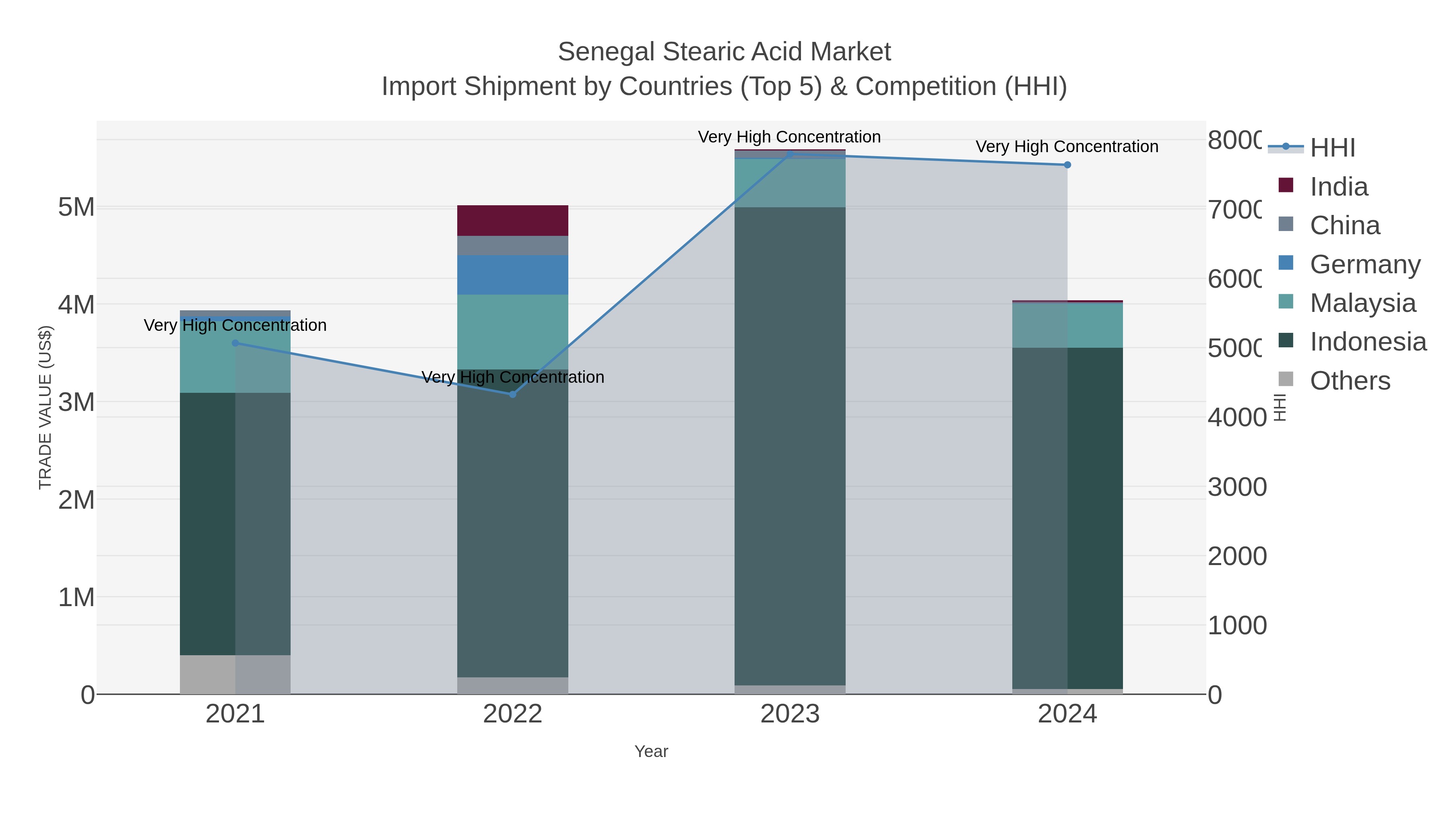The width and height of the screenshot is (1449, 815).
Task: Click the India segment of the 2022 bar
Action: pyautogui.click(x=512, y=221)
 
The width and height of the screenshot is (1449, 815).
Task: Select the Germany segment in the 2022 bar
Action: pyautogui.click(x=512, y=274)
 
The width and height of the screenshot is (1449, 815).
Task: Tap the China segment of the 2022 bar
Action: pyautogui.click(x=512, y=245)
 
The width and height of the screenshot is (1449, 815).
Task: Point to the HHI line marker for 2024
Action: pyautogui.click(x=1067, y=165)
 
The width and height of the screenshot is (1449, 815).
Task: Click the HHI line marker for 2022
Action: pyautogui.click(x=512, y=394)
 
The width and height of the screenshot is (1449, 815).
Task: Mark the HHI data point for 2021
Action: pyautogui.click(x=235, y=343)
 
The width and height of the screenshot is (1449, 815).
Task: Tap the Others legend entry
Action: pyautogui.click(x=1350, y=380)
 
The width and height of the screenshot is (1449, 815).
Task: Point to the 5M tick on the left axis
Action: pyautogui.click(x=76, y=207)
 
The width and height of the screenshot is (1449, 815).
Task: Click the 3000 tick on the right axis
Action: pyautogui.click(x=1237, y=487)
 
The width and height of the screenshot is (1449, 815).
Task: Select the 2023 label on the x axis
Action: pyautogui.click(x=790, y=714)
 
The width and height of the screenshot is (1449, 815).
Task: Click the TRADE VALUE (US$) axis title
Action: pyautogui.click(x=45, y=407)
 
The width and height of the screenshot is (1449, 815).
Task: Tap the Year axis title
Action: pyautogui.click(x=651, y=751)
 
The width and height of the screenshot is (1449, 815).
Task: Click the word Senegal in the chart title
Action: pyautogui.click(x=606, y=52)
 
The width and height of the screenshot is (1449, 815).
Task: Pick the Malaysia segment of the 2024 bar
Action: pyautogui.click(x=1067, y=325)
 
